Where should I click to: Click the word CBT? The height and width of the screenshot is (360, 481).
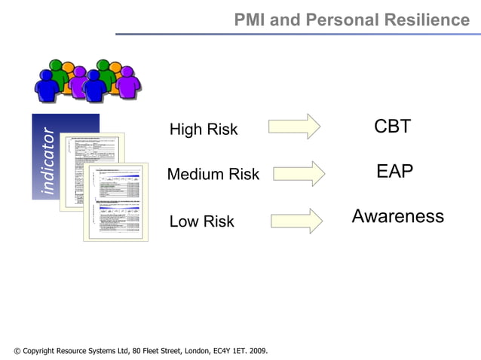click(392, 127)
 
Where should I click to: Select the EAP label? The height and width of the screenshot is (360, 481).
click(394, 172)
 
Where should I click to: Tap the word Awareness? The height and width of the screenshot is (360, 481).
click(397, 217)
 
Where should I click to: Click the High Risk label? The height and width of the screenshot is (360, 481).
click(203, 130)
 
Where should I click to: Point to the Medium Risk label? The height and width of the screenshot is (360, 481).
click(213, 175)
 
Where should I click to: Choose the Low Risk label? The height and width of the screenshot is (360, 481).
click(201, 221)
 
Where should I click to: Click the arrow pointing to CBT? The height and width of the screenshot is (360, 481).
click(293, 127)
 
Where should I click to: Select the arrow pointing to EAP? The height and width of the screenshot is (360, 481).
click(299, 173)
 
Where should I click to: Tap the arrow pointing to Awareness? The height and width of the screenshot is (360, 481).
click(296, 220)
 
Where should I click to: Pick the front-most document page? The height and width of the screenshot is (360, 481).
click(117, 203)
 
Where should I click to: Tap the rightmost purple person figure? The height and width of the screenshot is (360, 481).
click(129, 81)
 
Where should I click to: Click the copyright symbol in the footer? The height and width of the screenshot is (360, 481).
click(17, 351)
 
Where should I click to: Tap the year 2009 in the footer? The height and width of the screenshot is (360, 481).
click(256, 351)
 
